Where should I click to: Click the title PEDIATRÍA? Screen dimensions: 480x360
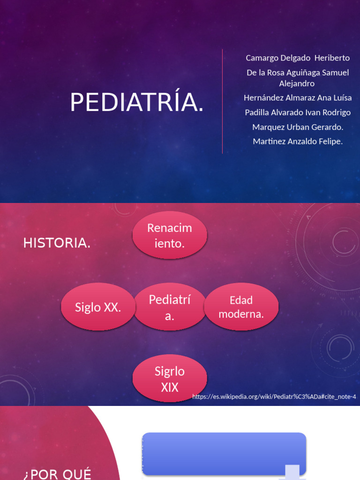(x=137, y=103)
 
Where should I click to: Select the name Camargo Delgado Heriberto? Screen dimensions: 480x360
(x=298, y=58)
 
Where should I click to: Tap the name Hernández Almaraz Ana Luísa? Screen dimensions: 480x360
(x=298, y=98)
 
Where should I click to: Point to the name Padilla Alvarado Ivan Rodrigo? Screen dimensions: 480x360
(x=298, y=112)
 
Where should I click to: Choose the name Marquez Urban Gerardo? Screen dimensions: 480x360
(x=298, y=127)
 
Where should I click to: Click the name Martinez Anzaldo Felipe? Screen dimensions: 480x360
(x=298, y=141)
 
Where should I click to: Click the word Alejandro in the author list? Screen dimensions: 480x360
(x=297, y=83)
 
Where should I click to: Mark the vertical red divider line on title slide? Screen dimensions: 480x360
(x=223, y=101)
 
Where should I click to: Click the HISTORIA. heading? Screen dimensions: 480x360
(x=57, y=243)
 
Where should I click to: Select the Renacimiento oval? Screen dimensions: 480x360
(x=170, y=236)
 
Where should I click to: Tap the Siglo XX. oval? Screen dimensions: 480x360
(x=98, y=307)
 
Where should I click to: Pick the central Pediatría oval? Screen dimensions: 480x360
(x=170, y=307)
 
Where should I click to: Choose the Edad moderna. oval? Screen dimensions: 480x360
(x=241, y=307)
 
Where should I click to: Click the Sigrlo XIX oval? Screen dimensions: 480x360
(x=170, y=379)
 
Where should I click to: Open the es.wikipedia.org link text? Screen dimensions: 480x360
(x=274, y=397)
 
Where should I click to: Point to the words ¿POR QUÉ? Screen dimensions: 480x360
(x=57, y=473)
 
